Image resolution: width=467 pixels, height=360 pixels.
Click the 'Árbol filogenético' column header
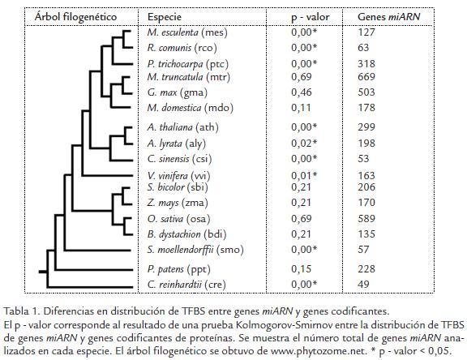75,17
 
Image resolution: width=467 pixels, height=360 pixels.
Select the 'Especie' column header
165,17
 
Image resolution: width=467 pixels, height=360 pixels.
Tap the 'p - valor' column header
310,17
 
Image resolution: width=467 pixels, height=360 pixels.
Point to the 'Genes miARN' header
388,17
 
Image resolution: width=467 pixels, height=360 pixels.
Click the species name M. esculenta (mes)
187,32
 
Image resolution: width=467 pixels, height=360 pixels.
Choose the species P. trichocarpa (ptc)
187,64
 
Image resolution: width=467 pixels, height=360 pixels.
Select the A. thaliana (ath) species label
182,127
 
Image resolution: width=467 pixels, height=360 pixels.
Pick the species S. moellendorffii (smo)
195,249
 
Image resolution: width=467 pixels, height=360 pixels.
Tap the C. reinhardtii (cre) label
186,285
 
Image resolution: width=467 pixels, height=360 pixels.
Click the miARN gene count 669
366,77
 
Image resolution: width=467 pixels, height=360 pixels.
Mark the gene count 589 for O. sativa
366,219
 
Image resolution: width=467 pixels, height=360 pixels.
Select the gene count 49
363,285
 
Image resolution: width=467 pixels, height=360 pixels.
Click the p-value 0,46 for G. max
302,92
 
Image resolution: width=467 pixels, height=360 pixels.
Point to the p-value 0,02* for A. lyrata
304,144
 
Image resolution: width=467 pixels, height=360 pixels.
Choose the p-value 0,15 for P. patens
302,269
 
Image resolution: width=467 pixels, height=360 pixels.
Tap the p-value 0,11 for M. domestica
301,108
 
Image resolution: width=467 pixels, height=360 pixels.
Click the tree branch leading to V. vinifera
108,176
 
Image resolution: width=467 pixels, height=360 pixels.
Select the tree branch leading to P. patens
94,270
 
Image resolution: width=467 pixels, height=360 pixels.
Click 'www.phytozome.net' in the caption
319,351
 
